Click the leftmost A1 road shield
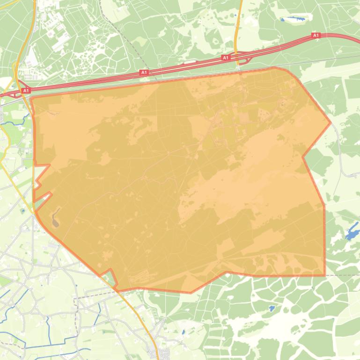point(26,90)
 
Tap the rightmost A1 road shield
point(316,36)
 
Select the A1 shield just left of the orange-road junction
point(226,58)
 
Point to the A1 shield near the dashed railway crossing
point(144,72)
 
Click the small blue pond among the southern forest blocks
point(272,309)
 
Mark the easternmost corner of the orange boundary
point(331,122)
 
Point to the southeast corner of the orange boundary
point(324,275)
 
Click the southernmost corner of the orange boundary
point(191,293)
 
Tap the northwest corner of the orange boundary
point(31,98)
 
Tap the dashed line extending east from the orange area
point(342,275)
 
